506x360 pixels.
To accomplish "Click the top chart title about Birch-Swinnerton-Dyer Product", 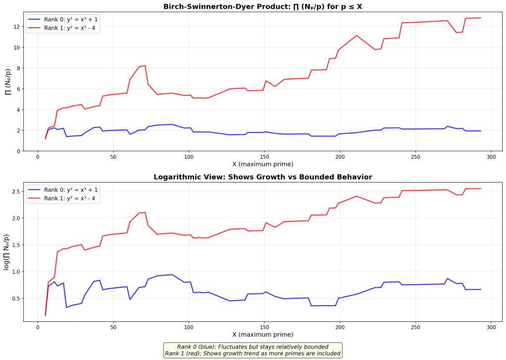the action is pos(263,6).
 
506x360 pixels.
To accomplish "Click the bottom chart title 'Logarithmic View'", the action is pos(263,177).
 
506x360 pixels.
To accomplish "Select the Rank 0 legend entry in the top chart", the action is pos(63,19).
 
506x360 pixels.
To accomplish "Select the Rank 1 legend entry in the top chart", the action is pos(62,28).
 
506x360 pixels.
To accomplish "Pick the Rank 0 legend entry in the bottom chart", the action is pos(63,190).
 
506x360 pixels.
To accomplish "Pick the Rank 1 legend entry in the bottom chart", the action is pos(62,198).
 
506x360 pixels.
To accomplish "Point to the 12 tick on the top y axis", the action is pos(17,27).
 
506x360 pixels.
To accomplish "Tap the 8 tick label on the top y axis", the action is pos(18,68).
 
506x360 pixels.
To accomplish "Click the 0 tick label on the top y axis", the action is pos(18,151).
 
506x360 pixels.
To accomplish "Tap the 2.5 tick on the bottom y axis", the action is pos(15,191).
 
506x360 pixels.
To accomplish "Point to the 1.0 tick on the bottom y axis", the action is pos(15,272).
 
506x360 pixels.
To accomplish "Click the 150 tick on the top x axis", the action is pos(264,157).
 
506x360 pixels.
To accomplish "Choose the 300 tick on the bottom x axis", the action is pos(491,327).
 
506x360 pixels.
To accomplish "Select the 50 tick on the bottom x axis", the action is pos(113,327).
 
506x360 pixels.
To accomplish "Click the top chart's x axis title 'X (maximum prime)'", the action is pos(263,164).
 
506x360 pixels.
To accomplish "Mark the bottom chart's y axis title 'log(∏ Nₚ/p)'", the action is pos(7,252).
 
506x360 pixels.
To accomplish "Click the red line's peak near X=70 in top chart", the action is pos(145,66).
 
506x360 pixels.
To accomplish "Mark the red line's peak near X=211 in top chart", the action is pos(357,36).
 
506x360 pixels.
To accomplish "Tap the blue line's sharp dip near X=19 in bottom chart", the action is pos(67,308).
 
